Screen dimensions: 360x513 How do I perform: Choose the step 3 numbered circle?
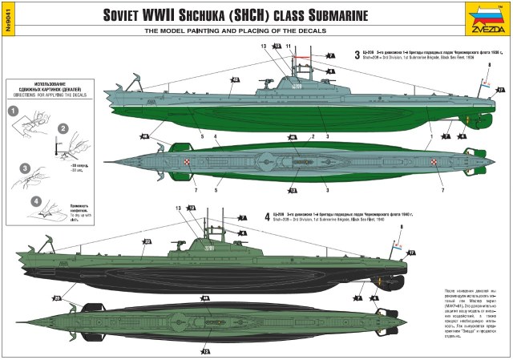click(25, 168)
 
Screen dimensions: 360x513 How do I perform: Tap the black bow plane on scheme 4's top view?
click(75, 305)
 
